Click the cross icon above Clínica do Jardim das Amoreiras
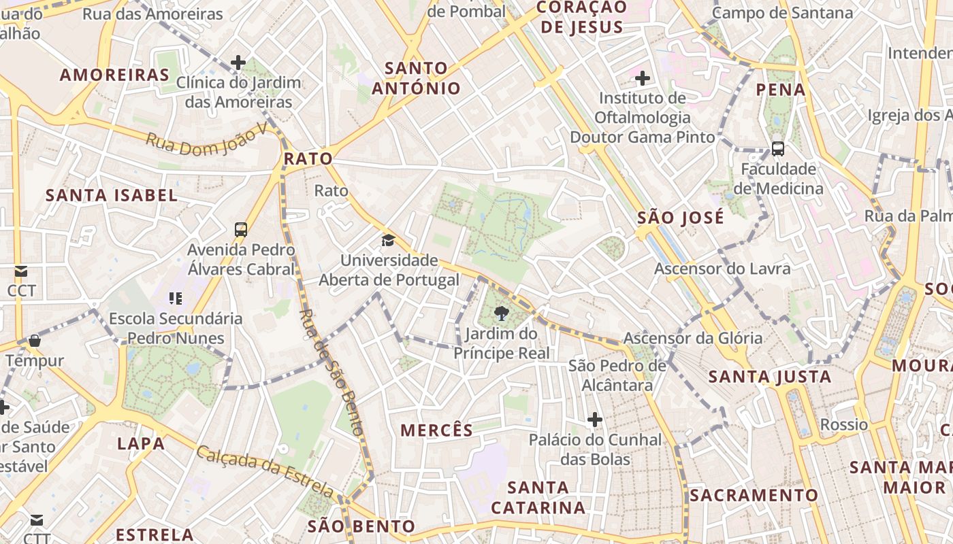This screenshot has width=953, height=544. point(238,63)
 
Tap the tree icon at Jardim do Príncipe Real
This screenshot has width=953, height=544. point(502,313)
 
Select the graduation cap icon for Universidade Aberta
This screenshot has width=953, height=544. point(388,240)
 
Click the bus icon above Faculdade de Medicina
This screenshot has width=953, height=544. point(777,148)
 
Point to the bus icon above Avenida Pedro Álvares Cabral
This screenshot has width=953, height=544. point(241,230)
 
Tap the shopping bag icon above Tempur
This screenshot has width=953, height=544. point(34,340)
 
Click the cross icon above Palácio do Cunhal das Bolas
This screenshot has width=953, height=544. point(595,420)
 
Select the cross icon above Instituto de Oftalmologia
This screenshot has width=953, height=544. point(642,78)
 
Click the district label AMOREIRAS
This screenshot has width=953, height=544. point(114,75)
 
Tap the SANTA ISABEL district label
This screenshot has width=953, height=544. point(112,196)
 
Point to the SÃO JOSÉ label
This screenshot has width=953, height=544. point(681,218)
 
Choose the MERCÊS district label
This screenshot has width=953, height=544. point(436,430)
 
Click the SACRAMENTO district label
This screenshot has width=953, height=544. point(754,495)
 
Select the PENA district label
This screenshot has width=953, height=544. point(781,90)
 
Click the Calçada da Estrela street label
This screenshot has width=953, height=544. point(265,471)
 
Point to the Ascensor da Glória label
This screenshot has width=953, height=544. point(693,338)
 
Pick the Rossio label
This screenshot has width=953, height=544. point(844,425)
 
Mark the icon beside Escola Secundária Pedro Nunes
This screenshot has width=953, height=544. point(176,298)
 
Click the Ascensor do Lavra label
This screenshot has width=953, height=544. point(722,269)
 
